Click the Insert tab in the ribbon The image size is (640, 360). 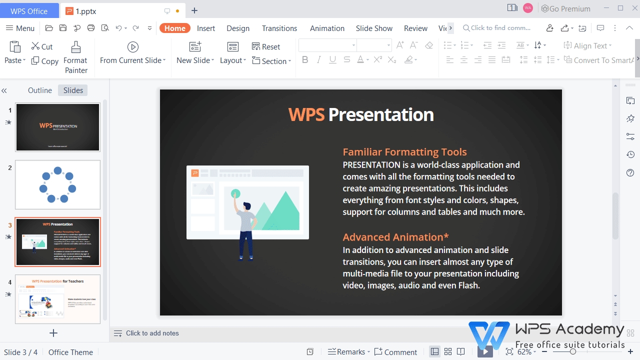click(x=205, y=28)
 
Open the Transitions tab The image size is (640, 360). click(x=279, y=28)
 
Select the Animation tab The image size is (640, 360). click(x=327, y=28)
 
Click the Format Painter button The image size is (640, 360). click(x=75, y=57)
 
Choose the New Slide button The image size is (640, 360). click(x=195, y=53)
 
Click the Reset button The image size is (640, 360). click(x=266, y=46)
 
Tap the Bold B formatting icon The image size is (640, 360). click(x=305, y=60)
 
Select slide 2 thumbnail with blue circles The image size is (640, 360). click(x=57, y=184)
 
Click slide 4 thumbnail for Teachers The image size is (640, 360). click(x=57, y=299)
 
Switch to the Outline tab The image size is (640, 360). click(x=40, y=90)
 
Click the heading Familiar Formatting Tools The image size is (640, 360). click(x=404, y=152)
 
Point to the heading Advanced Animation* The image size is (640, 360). click(x=395, y=237)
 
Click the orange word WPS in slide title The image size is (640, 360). click(x=306, y=115)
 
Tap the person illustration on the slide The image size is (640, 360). click(x=245, y=230)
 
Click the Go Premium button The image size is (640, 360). click(x=565, y=8)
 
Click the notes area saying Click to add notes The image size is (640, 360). click(x=152, y=333)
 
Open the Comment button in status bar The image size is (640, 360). click(x=395, y=352)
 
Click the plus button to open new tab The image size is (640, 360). click(x=194, y=10)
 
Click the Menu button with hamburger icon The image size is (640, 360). click(x=20, y=28)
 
